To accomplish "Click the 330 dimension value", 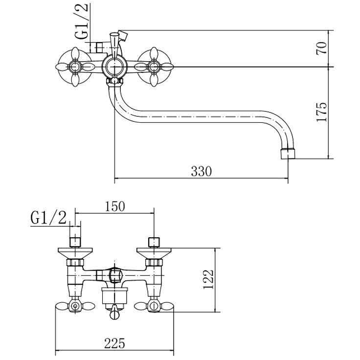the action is pyautogui.click(x=201, y=171).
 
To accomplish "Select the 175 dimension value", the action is pyautogui.click(x=321, y=112).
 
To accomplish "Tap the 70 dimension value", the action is pyautogui.click(x=321, y=48).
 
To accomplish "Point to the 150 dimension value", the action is pyautogui.click(x=115, y=206).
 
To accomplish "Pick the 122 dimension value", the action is pyautogui.click(x=208, y=279).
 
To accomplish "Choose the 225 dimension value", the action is pyautogui.click(x=114, y=343).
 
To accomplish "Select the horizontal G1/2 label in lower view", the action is pyautogui.click(x=48, y=218).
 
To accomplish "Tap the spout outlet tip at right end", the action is pyautogui.click(x=288, y=154).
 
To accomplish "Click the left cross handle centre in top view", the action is pyautogui.click(x=75, y=67).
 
